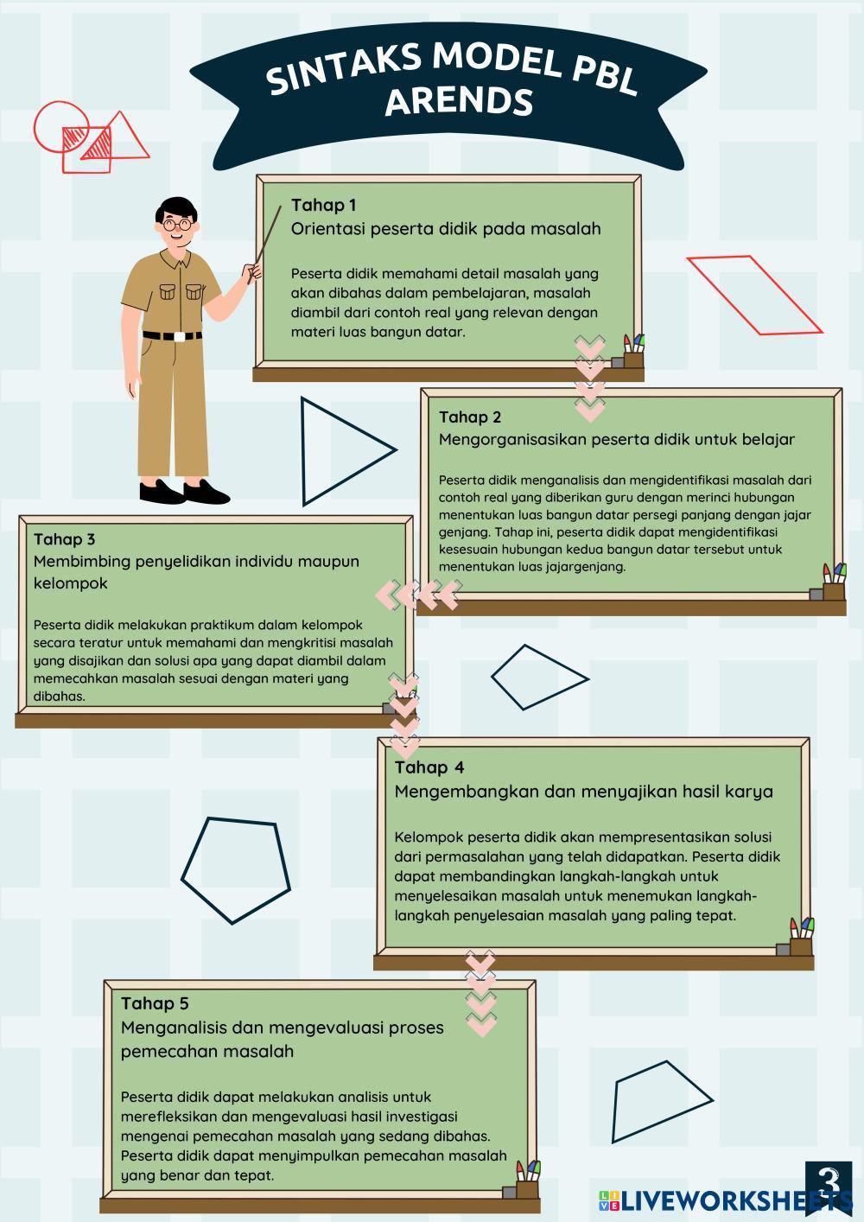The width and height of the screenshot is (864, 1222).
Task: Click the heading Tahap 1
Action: pyautogui.click(x=323, y=205)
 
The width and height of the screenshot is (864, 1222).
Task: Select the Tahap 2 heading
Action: pyautogui.click(x=470, y=417)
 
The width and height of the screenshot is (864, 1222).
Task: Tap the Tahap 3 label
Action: pyautogui.click(x=64, y=539)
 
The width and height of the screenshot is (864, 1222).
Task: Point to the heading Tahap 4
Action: pyautogui.click(x=429, y=767)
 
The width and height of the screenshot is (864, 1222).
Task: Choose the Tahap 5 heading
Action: pyautogui.click(x=155, y=1003)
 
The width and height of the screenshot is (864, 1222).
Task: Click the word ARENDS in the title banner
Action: pyautogui.click(x=460, y=101)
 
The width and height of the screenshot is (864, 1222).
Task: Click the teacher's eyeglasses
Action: pyautogui.click(x=177, y=224)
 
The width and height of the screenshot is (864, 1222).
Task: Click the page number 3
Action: pyautogui.click(x=829, y=1181)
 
